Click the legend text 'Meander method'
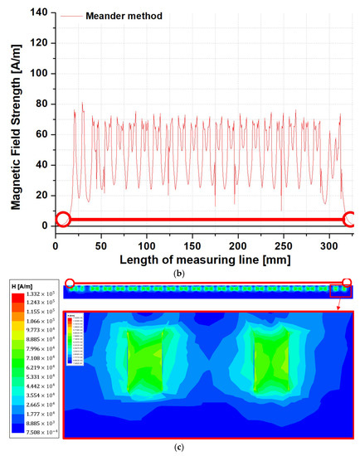click(119, 15)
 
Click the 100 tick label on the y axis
click(40, 73)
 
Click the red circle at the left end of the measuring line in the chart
click(62, 220)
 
